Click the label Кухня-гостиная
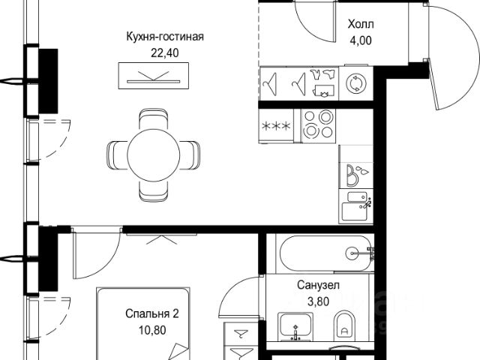(165, 35)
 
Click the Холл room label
(360, 24)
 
